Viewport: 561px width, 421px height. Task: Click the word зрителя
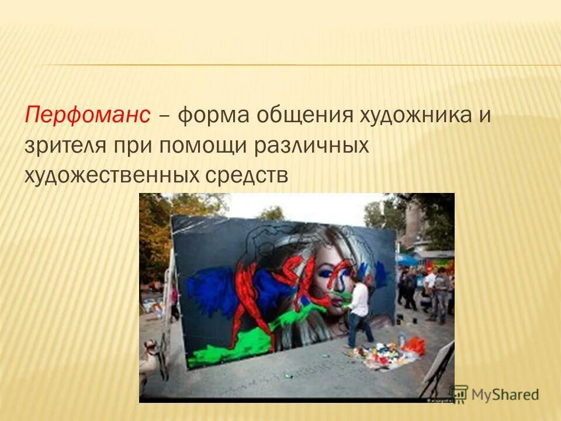click(x=61, y=145)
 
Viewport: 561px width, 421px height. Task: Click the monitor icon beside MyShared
click(x=459, y=393)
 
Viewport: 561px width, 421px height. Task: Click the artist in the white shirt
click(x=359, y=310)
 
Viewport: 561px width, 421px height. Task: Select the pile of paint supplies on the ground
click(x=380, y=354)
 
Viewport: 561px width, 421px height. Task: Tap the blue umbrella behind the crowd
click(x=407, y=259)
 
